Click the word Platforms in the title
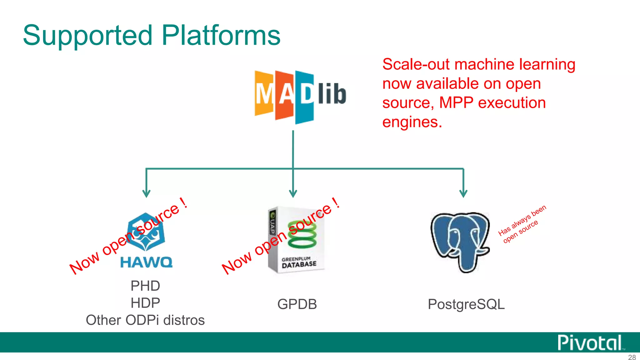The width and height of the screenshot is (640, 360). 221,35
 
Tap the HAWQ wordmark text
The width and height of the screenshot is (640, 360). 146,262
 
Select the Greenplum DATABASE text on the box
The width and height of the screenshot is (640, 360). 299,264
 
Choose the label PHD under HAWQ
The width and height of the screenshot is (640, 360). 145,286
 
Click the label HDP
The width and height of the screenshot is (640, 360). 145,303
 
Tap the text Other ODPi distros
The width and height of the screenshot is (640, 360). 145,320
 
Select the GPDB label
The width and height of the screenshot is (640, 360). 297,304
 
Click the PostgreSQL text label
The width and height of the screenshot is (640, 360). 466,304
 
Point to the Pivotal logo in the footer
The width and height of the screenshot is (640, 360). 590,343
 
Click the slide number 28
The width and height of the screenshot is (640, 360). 632,357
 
